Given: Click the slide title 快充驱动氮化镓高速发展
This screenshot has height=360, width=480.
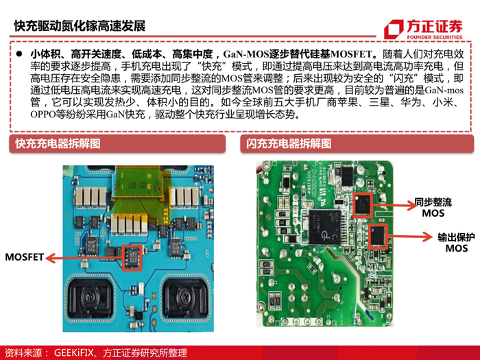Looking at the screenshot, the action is [x=80, y=26].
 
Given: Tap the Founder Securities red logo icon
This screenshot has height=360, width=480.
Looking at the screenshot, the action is [x=394, y=29].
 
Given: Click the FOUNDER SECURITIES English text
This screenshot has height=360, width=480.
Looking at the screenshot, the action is [x=434, y=37].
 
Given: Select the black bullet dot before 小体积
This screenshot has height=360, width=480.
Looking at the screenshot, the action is [x=20, y=54].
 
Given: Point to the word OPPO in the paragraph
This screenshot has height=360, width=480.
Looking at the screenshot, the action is [x=43, y=115].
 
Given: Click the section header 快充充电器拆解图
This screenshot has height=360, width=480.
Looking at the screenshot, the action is [x=58, y=143].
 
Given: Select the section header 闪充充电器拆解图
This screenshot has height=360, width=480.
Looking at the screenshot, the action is [x=289, y=143].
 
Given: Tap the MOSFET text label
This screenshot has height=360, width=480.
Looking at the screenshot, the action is [x=25, y=257].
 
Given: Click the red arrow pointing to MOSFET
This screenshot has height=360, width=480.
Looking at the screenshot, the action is [x=84, y=258].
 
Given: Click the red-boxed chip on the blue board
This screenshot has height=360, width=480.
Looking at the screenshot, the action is [x=132, y=258].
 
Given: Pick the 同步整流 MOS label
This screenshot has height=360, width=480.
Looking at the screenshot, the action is [x=433, y=208].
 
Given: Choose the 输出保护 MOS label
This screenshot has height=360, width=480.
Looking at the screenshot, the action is [x=456, y=243].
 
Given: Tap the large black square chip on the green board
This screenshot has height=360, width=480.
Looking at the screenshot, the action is [x=325, y=227].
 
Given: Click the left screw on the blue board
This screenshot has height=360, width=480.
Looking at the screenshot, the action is [x=91, y=296].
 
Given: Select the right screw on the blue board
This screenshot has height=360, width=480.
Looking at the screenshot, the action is [x=186, y=296].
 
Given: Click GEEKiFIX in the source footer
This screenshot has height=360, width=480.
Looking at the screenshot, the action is [x=73, y=352].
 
